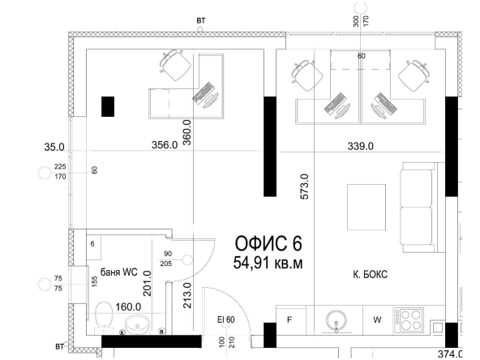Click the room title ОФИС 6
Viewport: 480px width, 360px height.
pyautogui.click(x=268, y=243)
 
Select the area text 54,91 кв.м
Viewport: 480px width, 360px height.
pyautogui.click(x=268, y=263)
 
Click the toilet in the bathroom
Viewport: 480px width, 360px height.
pyautogui.click(x=104, y=314)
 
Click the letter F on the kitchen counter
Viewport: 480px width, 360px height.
pyautogui.click(x=290, y=320)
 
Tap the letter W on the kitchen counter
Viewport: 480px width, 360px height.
pyautogui.click(x=377, y=320)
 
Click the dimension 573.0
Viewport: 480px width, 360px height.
pyautogui.click(x=305, y=186)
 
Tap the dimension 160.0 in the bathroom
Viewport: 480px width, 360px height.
pyautogui.click(x=129, y=306)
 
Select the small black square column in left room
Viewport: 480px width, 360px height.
pyautogui.click(x=107, y=106)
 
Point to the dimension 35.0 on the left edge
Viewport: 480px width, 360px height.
pyautogui.click(x=54, y=148)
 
